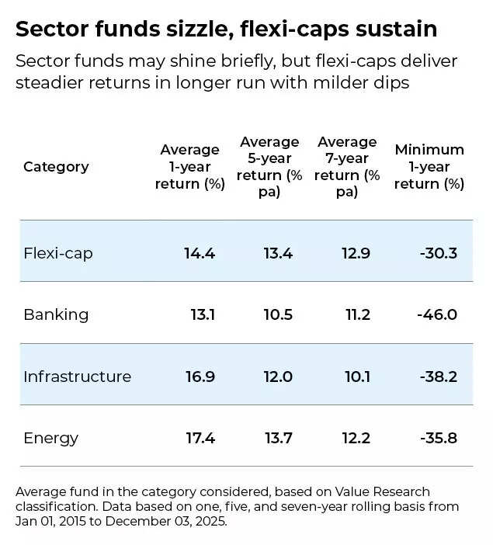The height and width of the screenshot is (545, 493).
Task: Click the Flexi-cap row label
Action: [x=58, y=253]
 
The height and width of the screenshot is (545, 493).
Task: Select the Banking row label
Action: [x=56, y=314]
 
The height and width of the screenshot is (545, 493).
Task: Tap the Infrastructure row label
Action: [x=77, y=377]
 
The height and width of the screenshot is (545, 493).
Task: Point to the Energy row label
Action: [x=51, y=438]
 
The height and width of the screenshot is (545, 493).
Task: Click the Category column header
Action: [x=56, y=167]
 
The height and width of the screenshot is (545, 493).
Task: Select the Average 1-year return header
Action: [x=189, y=167]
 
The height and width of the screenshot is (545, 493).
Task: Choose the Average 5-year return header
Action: [x=269, y=167]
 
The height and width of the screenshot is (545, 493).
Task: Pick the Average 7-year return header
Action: [x=347, y=167]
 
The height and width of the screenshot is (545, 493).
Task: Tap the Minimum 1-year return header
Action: [x=429, y=167]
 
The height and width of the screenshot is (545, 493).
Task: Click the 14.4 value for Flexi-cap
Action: [x=200, y=253]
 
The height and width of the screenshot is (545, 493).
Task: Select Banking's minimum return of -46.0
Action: [x=437, y=314]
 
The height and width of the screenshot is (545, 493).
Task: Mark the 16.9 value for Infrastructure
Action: [x=200, y=377]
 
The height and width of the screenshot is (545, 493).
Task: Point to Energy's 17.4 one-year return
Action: [x=200, y=438]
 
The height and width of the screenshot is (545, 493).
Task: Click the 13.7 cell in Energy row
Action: [x=278, y=438]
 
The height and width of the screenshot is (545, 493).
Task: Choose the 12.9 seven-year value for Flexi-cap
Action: [x=356, y=253]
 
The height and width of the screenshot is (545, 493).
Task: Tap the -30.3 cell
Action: [x=437, y=253]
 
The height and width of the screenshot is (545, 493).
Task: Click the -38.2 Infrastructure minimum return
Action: [x=437, y=377]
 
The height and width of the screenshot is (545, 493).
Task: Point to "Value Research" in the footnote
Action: [x=383, y=492]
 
